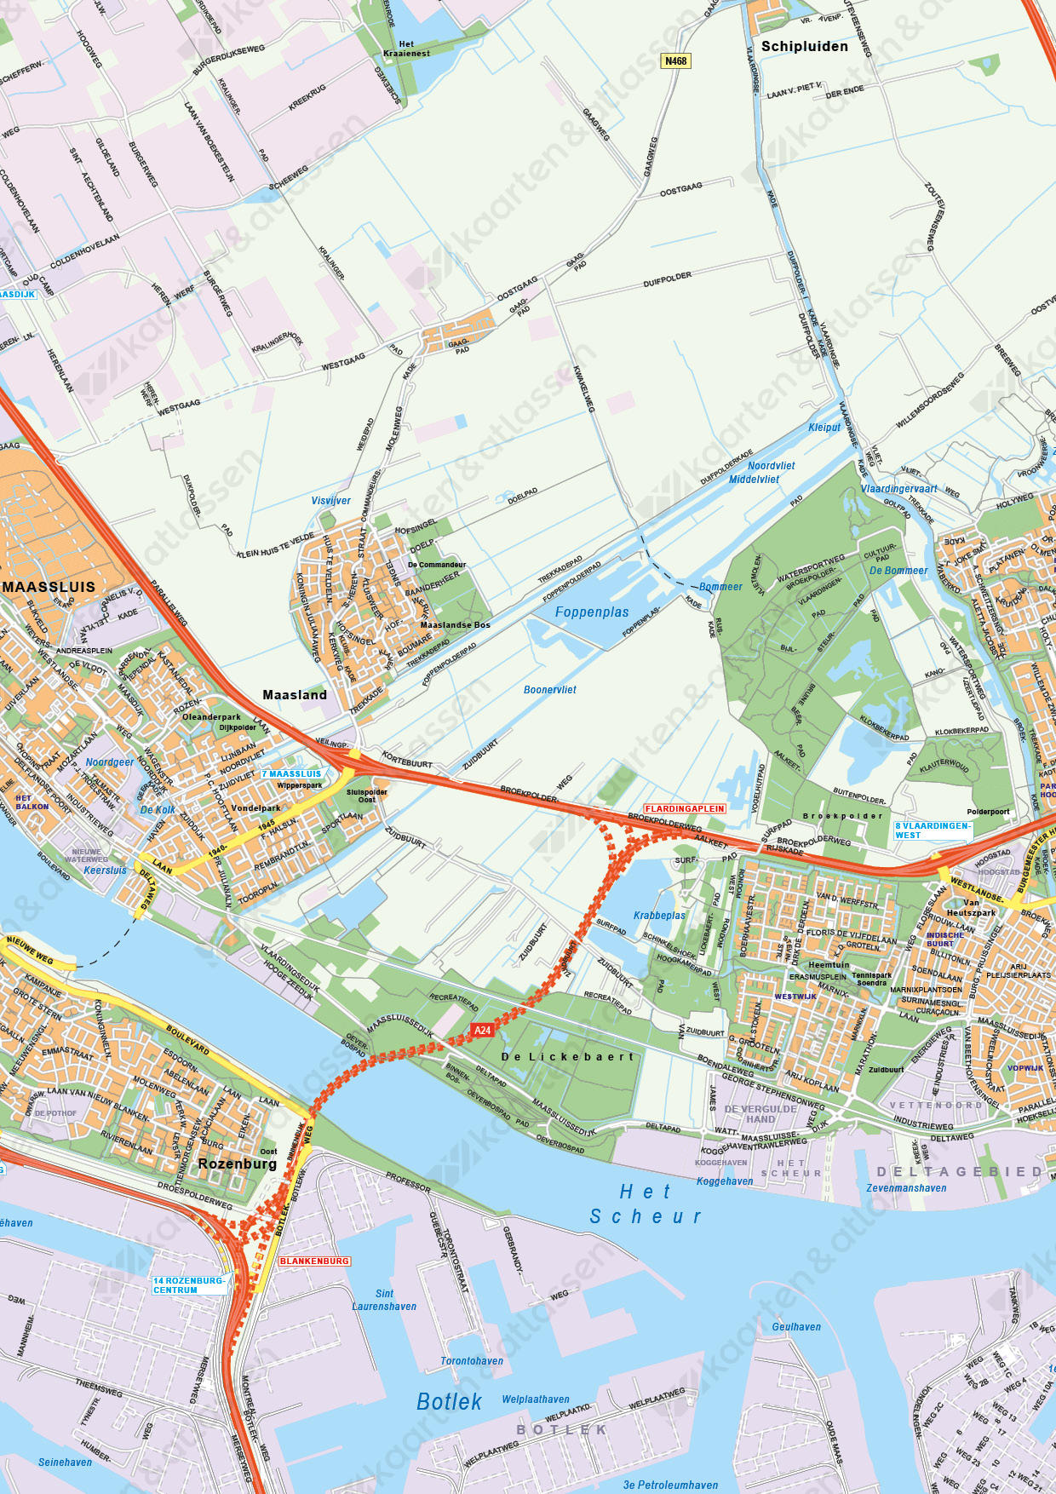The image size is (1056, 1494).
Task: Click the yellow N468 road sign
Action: pyautogui.click(x=675, y=61)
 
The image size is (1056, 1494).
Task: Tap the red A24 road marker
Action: pyautogui.click(x=482, y=1030)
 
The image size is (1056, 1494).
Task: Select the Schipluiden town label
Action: pyautogui.click(x=804, y=47)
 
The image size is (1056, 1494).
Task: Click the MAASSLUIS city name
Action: pyautogui.click(x=49, y=587)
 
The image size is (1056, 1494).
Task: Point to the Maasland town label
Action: pyautogui.click(x=295, y=695)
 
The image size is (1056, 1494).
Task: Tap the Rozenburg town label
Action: pyautogui.click(x=238, y=1164)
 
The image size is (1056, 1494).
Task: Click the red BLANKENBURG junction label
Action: pyautogui.click(x=314, y=1261)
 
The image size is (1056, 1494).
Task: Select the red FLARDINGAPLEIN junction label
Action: pyautogui.click(x=685, y=808)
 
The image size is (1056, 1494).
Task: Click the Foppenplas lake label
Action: pyautogui.click(x=592, y=612)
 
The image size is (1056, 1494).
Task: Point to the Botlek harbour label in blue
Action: pyautogui.click(x=449, y=1401)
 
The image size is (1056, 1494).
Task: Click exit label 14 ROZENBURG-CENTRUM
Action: pyautogui.click(x=189, y=1285)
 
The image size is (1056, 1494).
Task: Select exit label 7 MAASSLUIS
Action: pyautogui.click(x=291, y=773)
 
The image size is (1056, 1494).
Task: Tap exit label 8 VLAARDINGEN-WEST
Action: pyautogui.click(x=932, y=830)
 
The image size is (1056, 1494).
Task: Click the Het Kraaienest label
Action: pyautogui.click(x=406, y=49)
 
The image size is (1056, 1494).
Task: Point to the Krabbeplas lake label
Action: pyautogui.click(x=659, y=916)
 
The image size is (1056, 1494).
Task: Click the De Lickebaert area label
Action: pyautogui.click(x=568, y=1057)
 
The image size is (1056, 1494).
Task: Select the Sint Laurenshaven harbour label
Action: pyautogui.click(x=384, y=1300)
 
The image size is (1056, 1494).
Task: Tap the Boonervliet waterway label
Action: pyautogui.click(x=550, y=690)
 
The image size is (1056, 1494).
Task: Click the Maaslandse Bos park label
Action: pyautogui.click(x=455, y=625)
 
